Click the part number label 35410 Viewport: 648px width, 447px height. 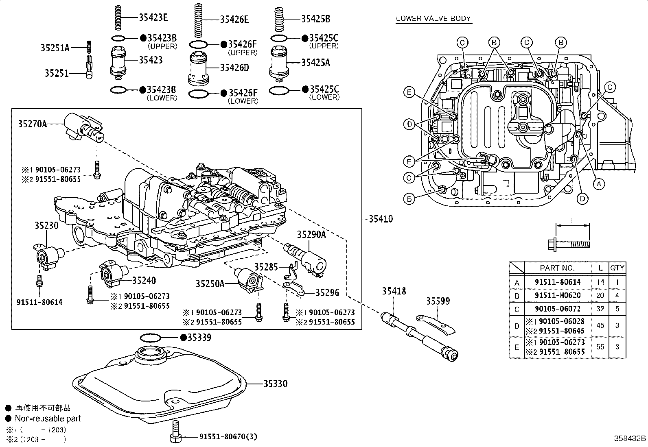click(x=381, y=219)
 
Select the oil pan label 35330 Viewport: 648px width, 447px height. click(x=275, y=384)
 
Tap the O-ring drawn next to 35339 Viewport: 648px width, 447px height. click(x=151, y=337)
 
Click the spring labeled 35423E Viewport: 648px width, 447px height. click(x=119, y=17)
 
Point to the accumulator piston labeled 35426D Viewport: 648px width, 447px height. click(x=199, y=68)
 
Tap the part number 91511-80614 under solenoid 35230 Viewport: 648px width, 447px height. click(x=39, y=302)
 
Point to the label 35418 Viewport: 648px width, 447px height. click(x=394, y=291)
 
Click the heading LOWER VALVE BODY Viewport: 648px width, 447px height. click(x=433, y=18)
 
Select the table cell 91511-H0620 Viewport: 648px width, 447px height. click(x=557, y=295)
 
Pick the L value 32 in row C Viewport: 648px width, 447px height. click(x=600, y=309)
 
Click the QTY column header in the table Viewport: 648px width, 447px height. click(x=617, y=268)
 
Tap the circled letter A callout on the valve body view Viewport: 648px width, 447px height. click(x=598, y=184)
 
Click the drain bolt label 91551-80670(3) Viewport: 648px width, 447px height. click(x=228, y=437)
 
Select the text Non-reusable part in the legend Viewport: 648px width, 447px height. click(x=48, y=418)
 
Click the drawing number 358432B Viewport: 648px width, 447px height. click(x=630, y=438)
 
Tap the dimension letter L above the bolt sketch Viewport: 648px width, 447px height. click(x=573, y=221)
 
